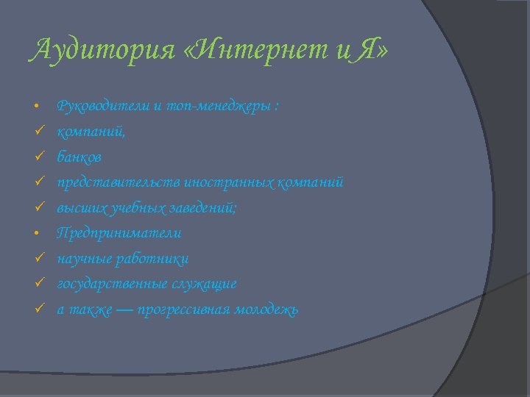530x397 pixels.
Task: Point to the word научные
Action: pos(83,259)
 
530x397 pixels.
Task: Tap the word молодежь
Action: pos(266,310)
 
